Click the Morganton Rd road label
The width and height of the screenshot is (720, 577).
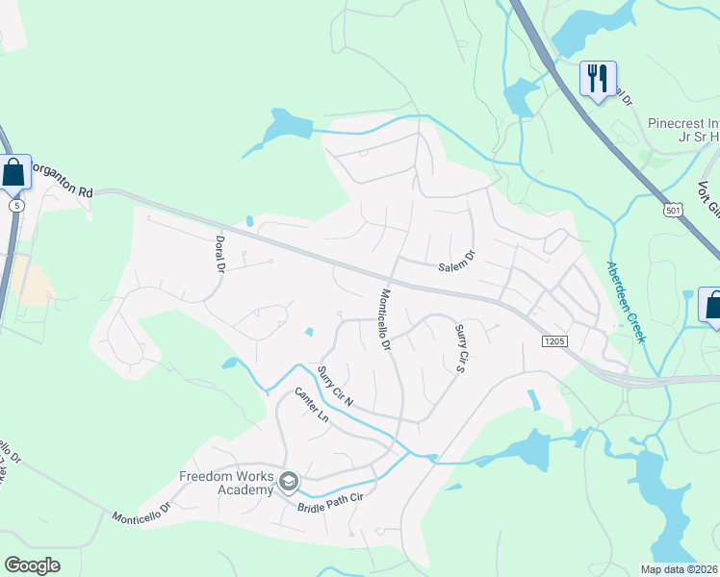[60, 178]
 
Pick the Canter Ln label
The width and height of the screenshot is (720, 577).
[312, 408]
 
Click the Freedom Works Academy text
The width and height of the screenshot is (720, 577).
[226, 483]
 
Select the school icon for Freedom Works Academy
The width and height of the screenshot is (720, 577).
[289, 480]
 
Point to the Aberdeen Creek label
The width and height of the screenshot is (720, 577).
[624, 301]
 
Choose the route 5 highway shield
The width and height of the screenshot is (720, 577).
[15, 206]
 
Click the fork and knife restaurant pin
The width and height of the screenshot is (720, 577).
[598, 78]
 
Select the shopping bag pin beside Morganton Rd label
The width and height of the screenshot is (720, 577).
[14, 173]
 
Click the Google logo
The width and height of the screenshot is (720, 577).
[33, 564]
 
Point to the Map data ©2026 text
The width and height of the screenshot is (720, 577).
[679, 569]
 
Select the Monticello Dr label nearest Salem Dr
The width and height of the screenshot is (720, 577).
[386, 318]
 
